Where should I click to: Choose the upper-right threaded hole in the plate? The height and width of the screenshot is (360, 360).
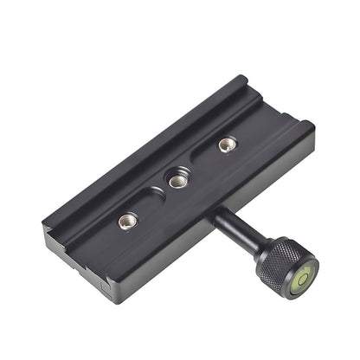227,144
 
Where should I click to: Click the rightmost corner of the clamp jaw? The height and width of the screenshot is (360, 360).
314,127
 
